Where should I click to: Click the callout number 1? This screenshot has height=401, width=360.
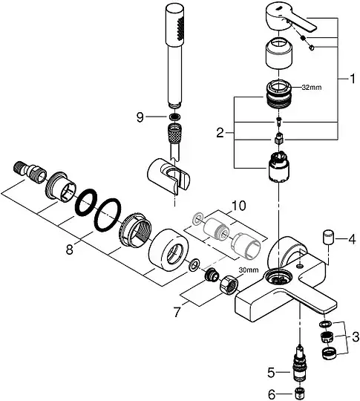352,79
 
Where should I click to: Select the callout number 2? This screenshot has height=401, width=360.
220,133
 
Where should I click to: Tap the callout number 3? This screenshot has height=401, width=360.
355,337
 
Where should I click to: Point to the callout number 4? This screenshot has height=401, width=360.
352,239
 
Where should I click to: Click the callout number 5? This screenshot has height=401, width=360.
272,373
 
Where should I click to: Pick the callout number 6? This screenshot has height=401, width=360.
272,394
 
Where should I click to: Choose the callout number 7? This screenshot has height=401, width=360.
177,312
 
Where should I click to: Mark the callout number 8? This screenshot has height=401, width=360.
70,249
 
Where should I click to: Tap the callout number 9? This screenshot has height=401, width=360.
140,117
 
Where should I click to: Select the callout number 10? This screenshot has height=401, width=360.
239,206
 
